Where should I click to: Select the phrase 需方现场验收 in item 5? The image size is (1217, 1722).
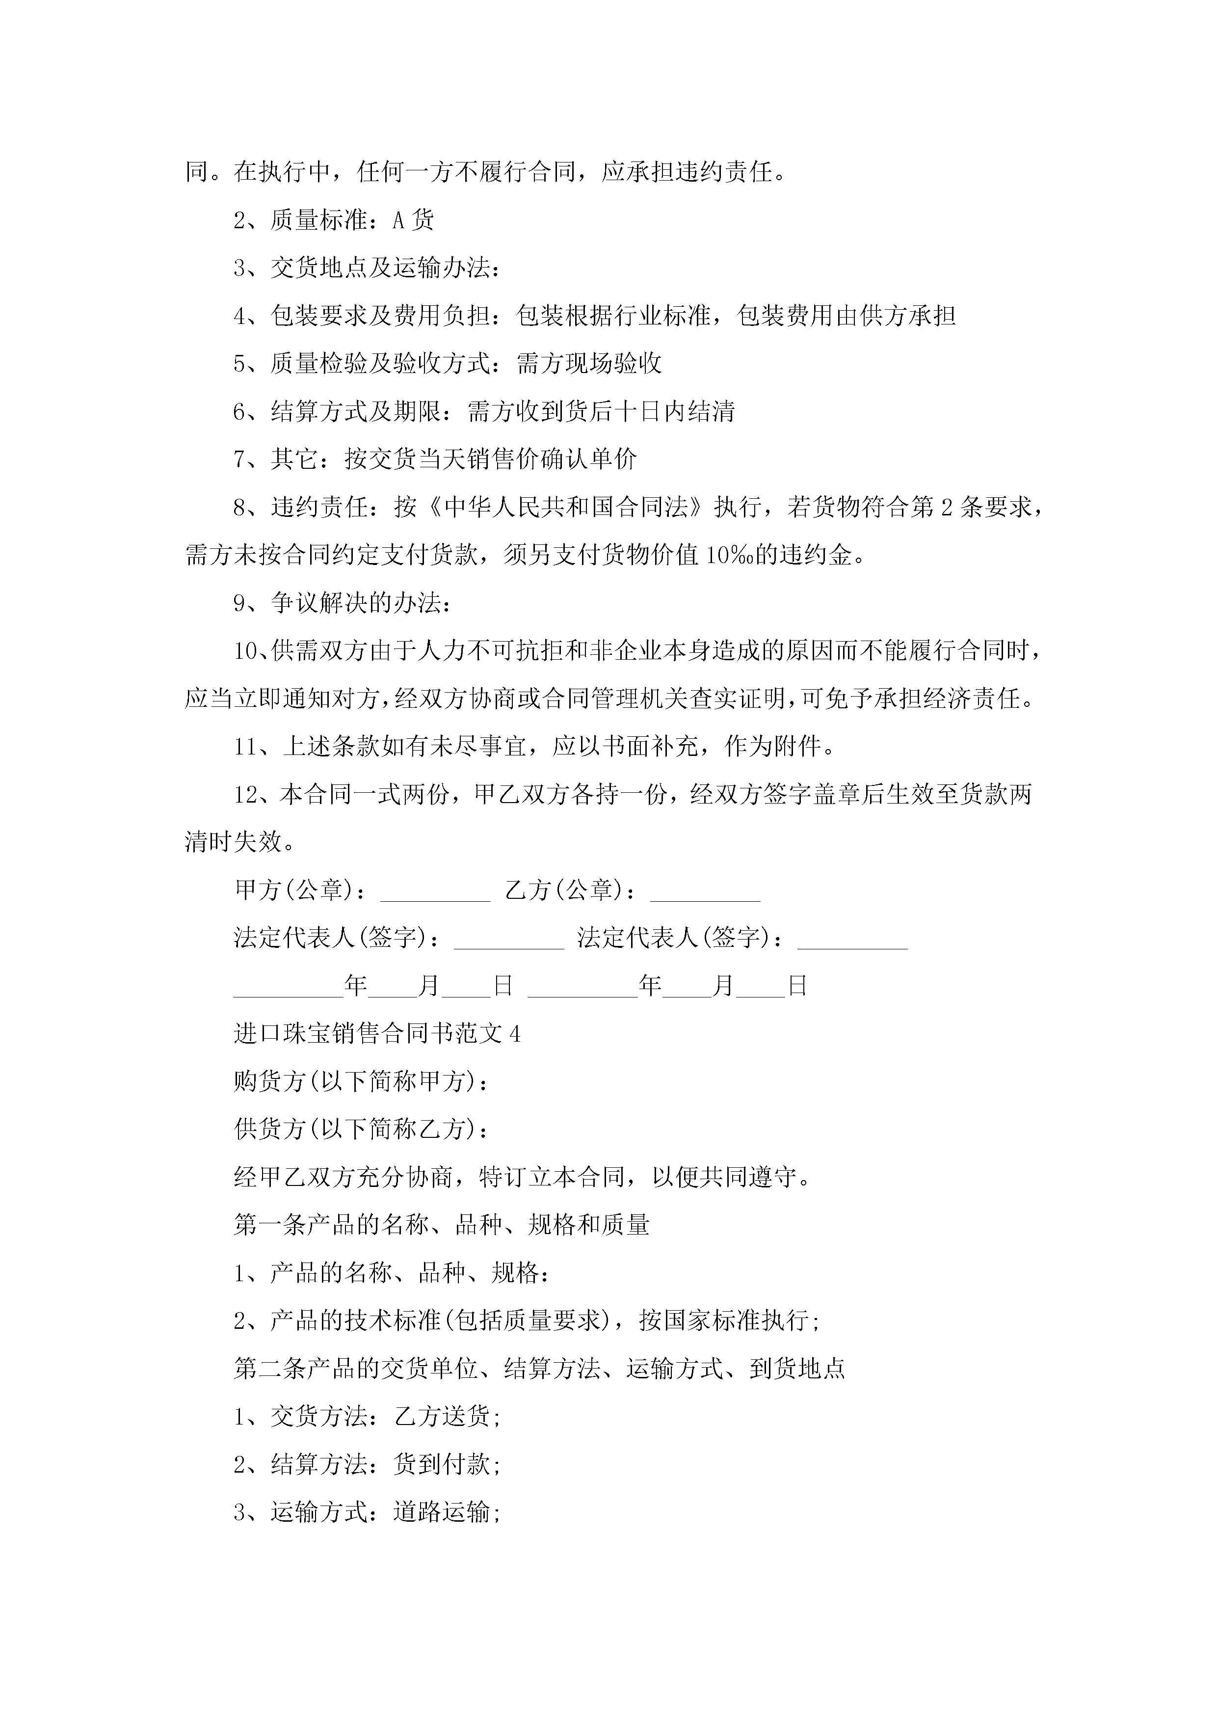589,364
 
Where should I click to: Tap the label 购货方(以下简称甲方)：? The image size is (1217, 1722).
362,1081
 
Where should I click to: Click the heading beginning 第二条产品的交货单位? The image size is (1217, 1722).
539,1368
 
